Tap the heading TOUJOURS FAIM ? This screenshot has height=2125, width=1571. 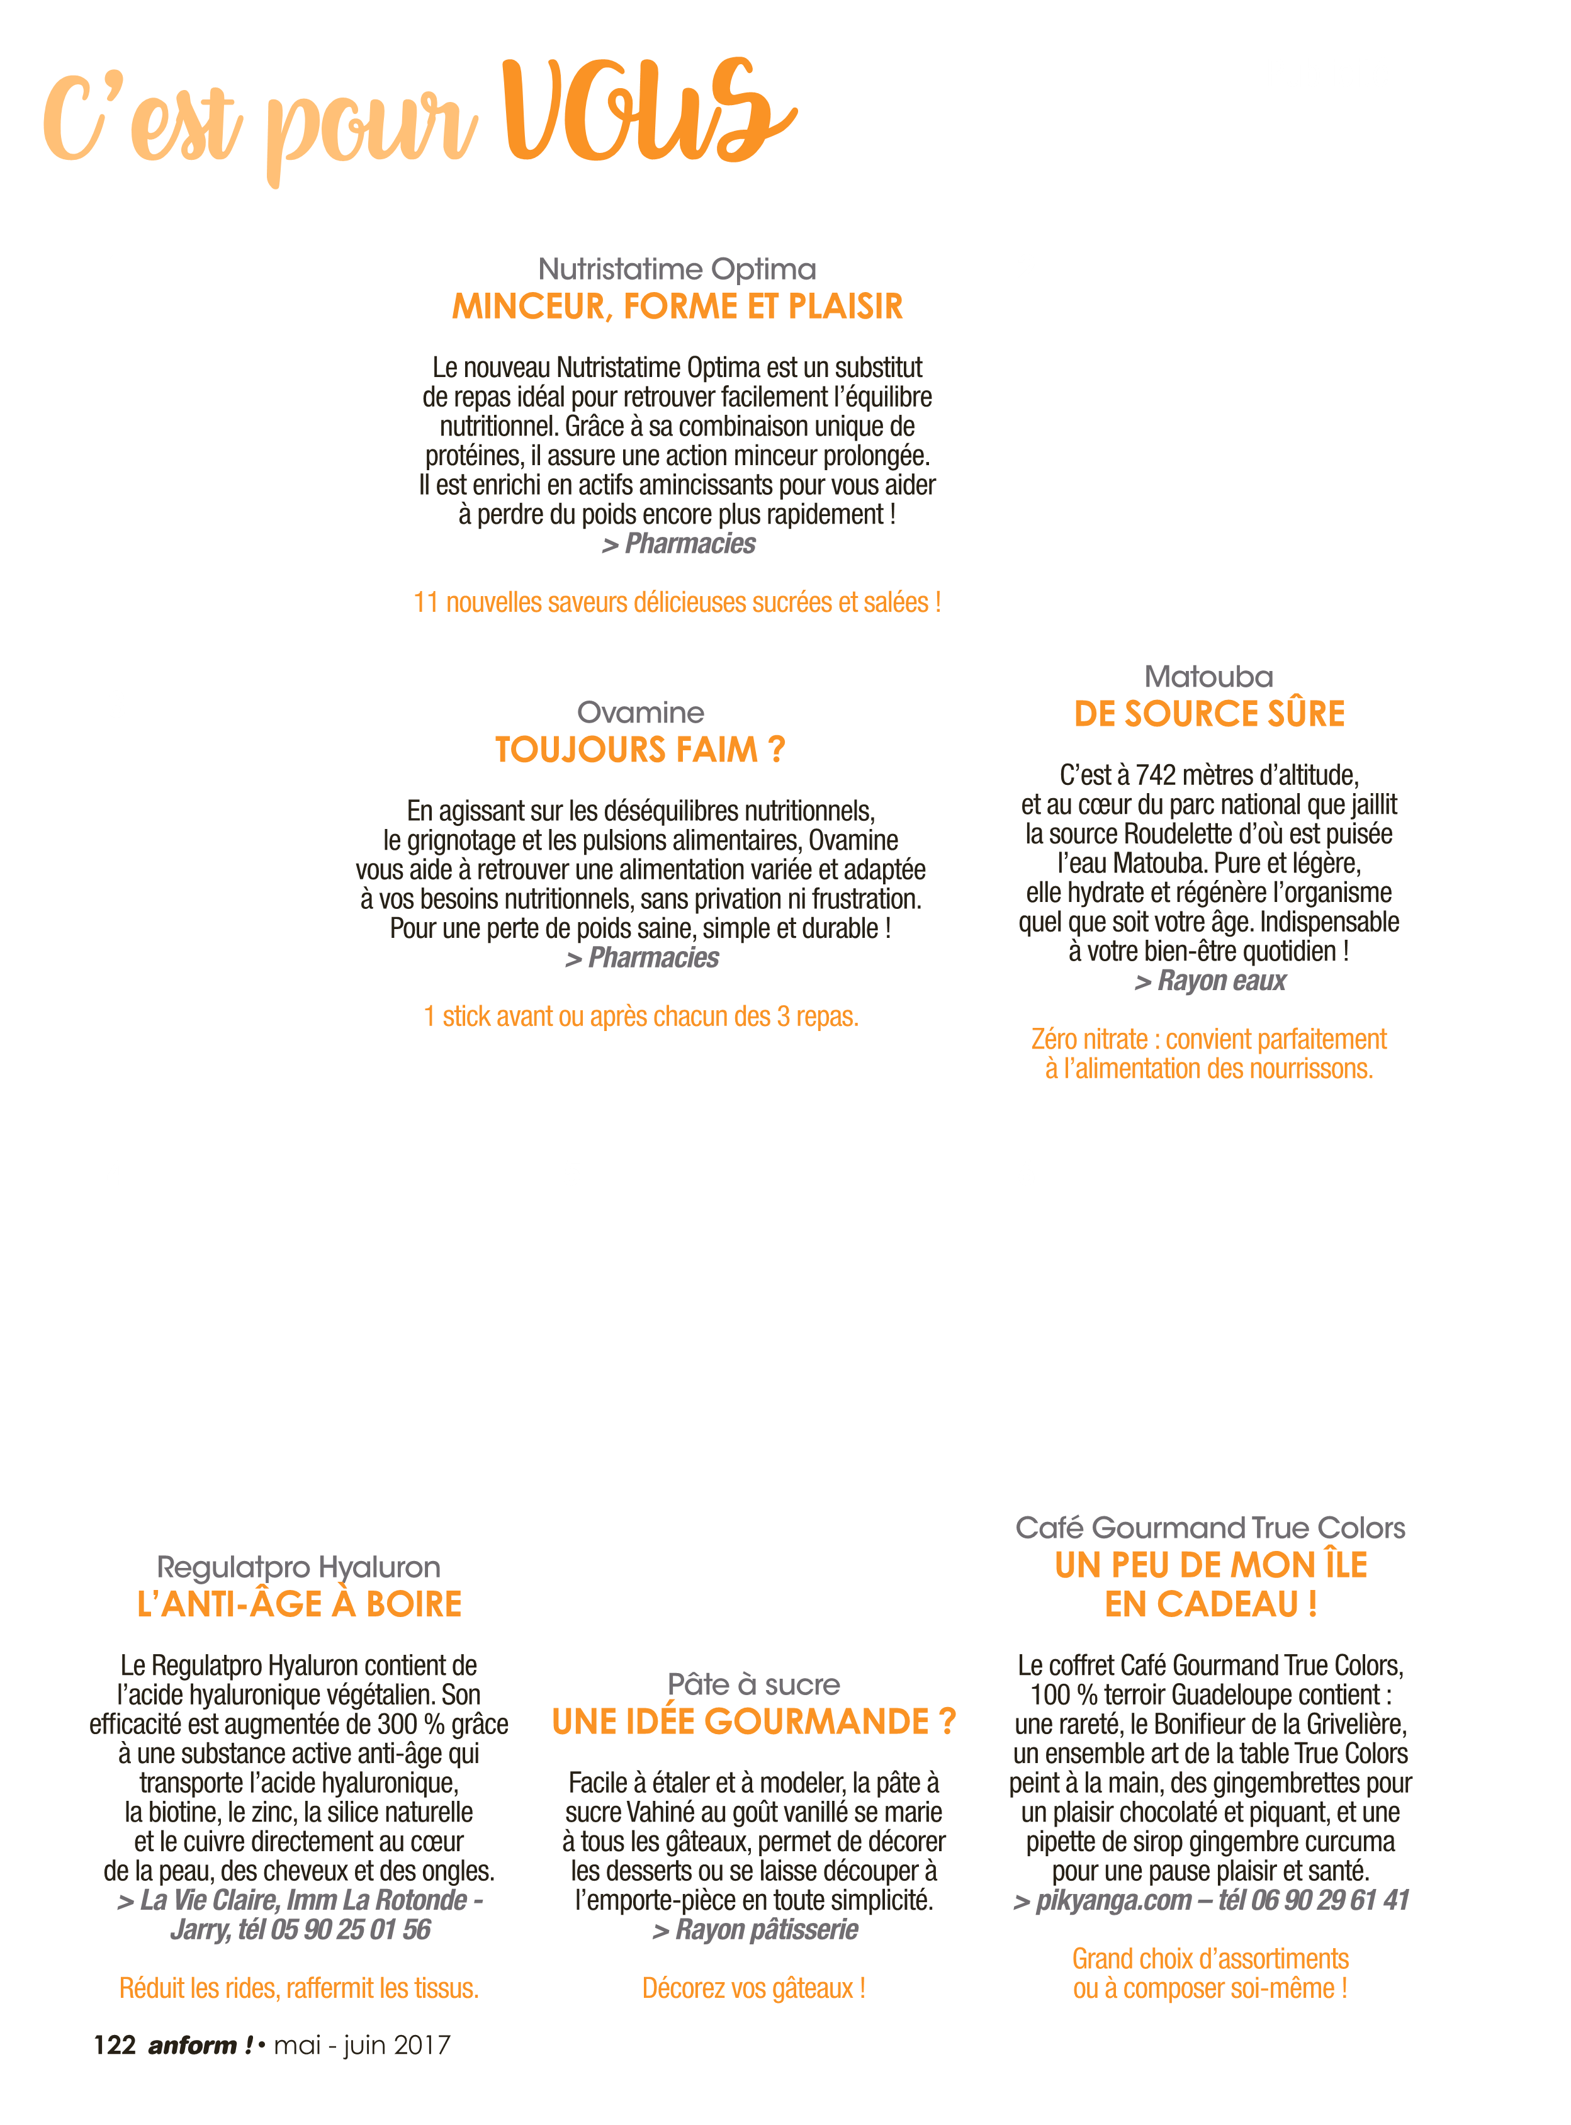click(640, 750)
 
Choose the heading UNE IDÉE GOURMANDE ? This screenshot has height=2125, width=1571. click(754, 1722)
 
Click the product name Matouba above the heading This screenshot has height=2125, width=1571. click(1208, 677)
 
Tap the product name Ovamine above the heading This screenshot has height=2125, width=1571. click(641, 713)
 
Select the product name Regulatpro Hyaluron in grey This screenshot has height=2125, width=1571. click(298, 1568)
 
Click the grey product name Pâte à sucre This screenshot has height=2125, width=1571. click(754, 1685)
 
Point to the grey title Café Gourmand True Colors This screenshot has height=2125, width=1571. click(1210, 1528)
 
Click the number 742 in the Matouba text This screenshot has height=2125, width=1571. click(1156, 776)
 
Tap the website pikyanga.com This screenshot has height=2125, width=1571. click(1113, 1901)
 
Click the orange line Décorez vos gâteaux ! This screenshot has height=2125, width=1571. click(754, 1988)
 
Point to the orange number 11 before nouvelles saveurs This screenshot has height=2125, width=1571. click(426, 603)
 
